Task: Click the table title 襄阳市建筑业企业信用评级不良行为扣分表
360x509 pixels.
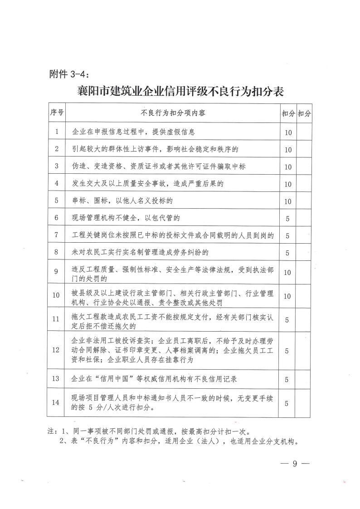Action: click(x=180, y=92)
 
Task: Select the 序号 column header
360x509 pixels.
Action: click(x=57, y=113)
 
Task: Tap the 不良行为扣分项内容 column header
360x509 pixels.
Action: click(x=173, y=113)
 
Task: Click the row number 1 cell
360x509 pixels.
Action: click(x=57, y=132)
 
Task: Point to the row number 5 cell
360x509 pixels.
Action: click(x=57, y=201)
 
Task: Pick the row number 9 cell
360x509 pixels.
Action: click(x=57, y=271)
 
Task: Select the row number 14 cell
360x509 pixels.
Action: click(x=57, y=402)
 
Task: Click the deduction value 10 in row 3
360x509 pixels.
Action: click(x=287, y=167)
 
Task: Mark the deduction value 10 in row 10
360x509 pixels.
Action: click(x=287, y=296)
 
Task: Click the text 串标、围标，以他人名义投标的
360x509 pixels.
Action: click(x=122, y=201)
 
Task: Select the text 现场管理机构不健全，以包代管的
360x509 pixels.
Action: click(x=126, y=218)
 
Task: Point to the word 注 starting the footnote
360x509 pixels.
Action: click(x=50, y=431)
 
